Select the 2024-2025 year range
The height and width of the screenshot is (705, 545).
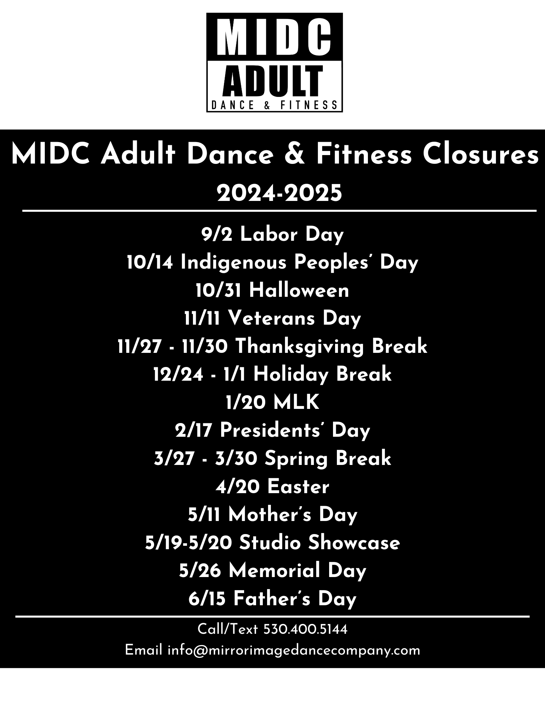(279, 193)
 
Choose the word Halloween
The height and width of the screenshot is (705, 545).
(299, 291)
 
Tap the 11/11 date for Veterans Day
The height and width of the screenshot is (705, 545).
(202, 319)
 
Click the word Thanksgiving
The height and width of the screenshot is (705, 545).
(299, 347)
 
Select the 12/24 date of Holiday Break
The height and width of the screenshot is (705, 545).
(178, 374)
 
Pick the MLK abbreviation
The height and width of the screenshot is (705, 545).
(296, 403)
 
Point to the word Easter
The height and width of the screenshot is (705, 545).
(298, 487)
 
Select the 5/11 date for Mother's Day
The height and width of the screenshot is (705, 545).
(204, 515)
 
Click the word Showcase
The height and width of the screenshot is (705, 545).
(354, 543)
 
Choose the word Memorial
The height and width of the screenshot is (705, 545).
(274, 571)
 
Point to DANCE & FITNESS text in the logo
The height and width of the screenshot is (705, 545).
(274, 105)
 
